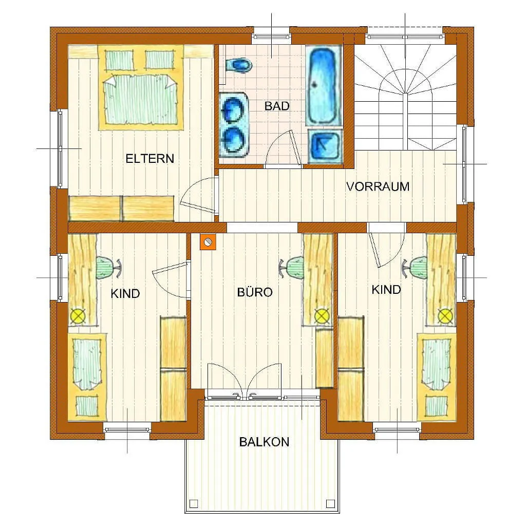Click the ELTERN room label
pos(149,158)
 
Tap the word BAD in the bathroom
pos(277,106)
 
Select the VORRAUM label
pos(378,186)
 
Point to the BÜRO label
pos(255,292)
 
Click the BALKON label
pos(264,442)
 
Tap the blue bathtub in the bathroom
pos(323,86)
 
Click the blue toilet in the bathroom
pos(239,65)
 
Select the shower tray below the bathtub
pos(325,146)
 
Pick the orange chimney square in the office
pos(208,242)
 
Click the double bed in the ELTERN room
pos(141,88)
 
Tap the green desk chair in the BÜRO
pos(292,267)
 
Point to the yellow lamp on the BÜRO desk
pos(322,315)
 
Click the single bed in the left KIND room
pos(87,377)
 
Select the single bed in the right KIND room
pos(437,377)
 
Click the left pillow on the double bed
pos(120,60)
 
